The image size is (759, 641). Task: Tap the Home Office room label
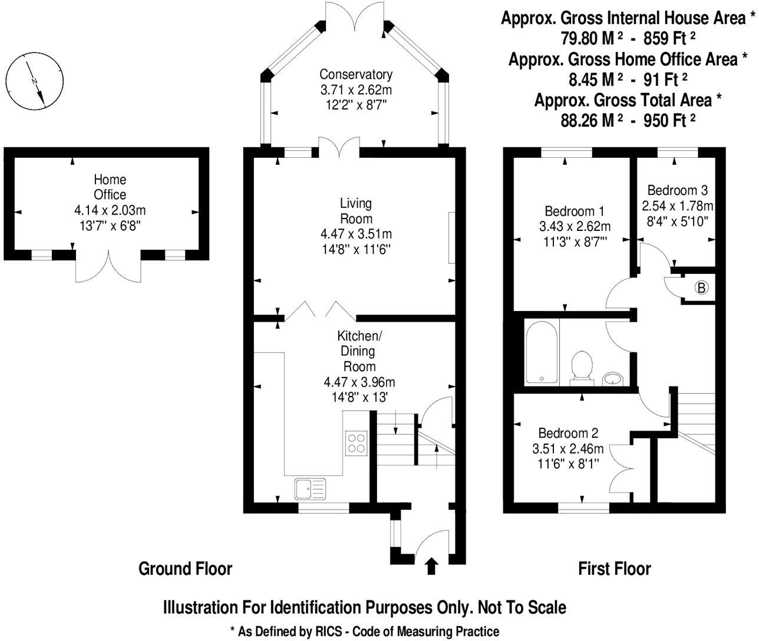[110, 187]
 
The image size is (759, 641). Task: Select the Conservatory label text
[356, 74]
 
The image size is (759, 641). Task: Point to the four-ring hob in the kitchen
[356, 442]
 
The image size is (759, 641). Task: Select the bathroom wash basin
[615, 378]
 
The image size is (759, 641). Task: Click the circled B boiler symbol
[701, 288]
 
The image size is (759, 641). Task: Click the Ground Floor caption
[185, 569]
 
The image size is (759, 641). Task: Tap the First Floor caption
[615, 569]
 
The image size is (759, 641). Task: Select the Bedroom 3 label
[677, 190]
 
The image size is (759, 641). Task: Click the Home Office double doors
[109, 268]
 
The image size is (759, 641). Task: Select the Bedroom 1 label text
[575, 211]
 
